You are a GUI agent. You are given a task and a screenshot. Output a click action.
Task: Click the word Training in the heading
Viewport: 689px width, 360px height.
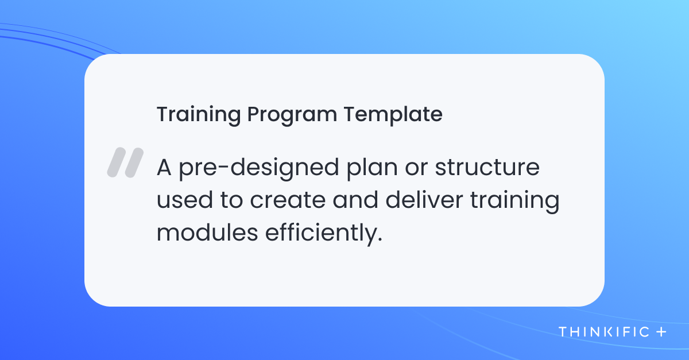[199, 115]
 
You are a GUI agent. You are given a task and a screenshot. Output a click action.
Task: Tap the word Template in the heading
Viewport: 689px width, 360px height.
[393, 115]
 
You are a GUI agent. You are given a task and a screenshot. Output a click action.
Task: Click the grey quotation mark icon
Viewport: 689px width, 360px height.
[125, 162]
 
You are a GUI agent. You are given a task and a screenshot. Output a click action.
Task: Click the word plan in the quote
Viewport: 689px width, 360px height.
[372, 169]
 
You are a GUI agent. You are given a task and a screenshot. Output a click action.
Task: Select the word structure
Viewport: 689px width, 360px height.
[487, 168]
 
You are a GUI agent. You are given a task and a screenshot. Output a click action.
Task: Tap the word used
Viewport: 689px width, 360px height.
[184, 200]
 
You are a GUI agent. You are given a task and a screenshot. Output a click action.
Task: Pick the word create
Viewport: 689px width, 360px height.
[288, 200]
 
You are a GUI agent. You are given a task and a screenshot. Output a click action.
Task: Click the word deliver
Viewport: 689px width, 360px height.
[424, 200]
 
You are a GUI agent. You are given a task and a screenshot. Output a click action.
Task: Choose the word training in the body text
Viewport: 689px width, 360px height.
[515, 201]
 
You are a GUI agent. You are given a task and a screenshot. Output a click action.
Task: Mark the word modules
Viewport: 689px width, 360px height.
[207, 233]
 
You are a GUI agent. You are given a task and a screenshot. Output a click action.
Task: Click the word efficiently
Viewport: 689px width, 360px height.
[321, 234]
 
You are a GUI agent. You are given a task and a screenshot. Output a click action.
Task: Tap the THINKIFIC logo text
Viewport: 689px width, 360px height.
[604, 332]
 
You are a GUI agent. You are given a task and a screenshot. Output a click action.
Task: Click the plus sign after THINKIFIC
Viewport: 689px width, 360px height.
[661, 332]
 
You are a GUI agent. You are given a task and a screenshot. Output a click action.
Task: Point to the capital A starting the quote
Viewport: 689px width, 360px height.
[164, 167]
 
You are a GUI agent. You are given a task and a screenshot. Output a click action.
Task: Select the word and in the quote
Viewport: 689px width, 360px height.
[355, 200]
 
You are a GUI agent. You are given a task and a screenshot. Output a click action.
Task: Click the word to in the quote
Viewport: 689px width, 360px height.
[231, 200]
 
